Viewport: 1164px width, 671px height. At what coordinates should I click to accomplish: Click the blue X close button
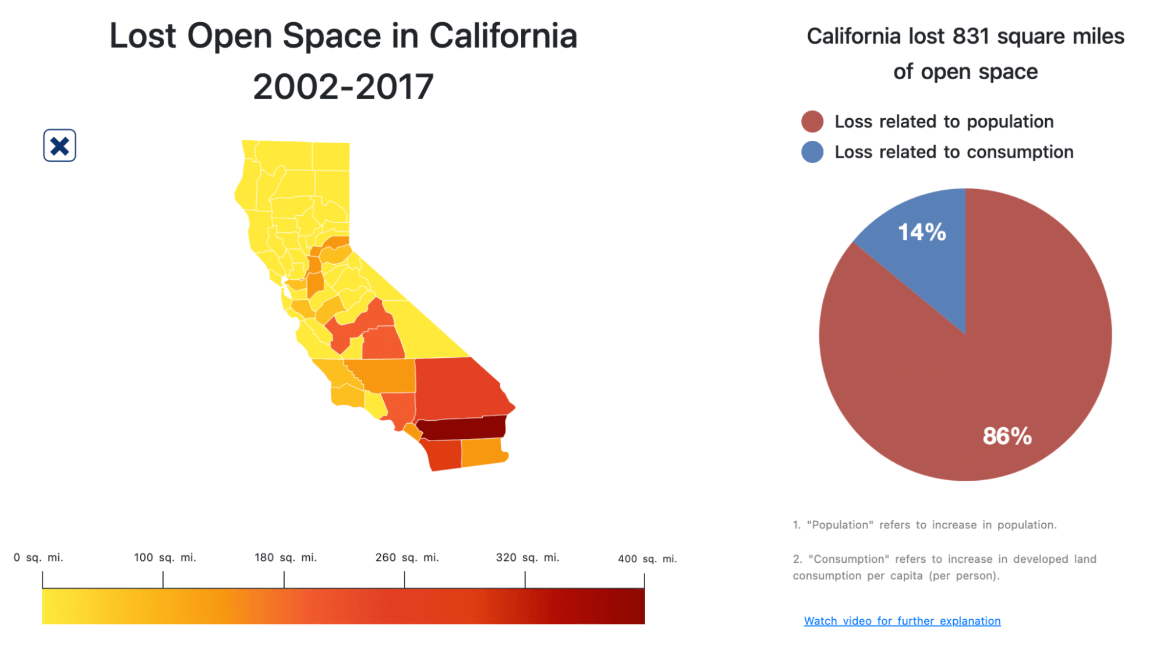(x=59, y=145)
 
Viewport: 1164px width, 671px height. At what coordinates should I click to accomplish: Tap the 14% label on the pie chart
(x=922, y=232)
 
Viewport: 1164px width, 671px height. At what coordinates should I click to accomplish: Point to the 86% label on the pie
(x=1007, y=436)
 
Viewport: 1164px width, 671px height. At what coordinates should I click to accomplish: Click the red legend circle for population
(x=812, y=122)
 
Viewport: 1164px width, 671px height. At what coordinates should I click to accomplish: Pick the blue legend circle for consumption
(x=812, y=152)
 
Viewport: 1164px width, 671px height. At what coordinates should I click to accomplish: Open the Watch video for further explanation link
(x=902, y=621)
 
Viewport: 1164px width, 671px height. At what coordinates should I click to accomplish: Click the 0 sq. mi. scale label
(x=38, y=558)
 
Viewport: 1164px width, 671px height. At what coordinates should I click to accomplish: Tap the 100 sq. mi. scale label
(x=165, y=558)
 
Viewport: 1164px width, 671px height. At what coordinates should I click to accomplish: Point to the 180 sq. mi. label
(x=285, y=558)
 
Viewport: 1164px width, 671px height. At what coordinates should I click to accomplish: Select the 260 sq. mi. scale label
(x=406, y=558)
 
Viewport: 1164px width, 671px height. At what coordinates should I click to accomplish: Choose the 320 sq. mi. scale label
(x=527, y=558)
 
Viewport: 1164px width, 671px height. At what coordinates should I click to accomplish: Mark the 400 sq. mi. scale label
(x=647, y=559)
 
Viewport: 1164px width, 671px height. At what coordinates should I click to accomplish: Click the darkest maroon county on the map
(x=463, y=429)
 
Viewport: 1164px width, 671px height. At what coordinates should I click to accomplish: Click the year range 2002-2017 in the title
(x=343, y=87)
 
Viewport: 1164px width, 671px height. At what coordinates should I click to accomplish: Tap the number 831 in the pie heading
(x=971, y=36)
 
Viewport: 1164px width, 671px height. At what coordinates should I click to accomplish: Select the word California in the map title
(x=503, y=36)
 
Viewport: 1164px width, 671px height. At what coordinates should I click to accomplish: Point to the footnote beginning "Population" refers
(x=924, y=525)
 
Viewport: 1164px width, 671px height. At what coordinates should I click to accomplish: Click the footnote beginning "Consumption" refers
(x=944, y=567)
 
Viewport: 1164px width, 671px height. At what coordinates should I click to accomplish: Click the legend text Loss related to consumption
(x=954, y=152)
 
